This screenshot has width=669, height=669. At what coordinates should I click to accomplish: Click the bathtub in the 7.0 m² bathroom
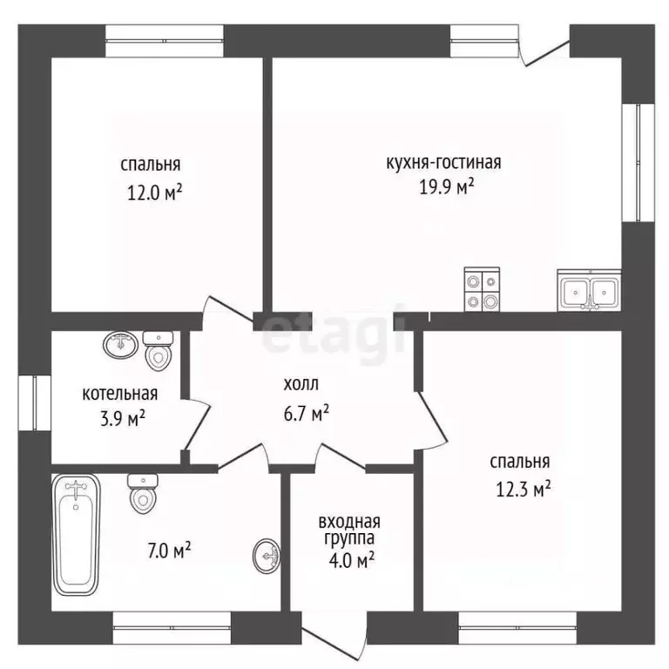76,534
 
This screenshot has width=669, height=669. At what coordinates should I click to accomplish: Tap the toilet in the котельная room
158,351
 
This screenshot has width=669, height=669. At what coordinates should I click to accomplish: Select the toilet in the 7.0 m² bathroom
143,494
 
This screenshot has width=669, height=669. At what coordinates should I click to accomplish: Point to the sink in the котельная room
121,345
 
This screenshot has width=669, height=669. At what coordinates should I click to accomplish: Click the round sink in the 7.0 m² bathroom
267,556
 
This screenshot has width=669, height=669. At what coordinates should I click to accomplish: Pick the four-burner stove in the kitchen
482,289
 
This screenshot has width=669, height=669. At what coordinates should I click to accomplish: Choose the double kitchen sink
589,291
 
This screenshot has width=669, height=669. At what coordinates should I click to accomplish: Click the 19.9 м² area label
447,186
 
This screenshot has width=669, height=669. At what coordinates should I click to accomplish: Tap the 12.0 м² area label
155,193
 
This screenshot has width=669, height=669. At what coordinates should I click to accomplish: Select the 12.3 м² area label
523,489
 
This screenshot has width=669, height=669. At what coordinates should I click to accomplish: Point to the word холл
301,384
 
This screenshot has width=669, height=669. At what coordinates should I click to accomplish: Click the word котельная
120,394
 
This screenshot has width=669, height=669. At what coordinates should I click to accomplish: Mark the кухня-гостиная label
443,163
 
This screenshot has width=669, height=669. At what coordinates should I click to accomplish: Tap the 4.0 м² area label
352,560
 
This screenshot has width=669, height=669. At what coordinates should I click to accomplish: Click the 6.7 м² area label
307,413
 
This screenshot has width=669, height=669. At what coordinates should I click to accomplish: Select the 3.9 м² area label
123,418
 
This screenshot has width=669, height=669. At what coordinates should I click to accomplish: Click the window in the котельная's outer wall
35,402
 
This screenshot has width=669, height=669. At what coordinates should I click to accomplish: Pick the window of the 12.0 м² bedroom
165,41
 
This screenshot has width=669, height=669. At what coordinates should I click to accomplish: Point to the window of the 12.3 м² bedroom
517,628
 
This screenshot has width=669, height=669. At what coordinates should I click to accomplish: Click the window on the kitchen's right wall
639,163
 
